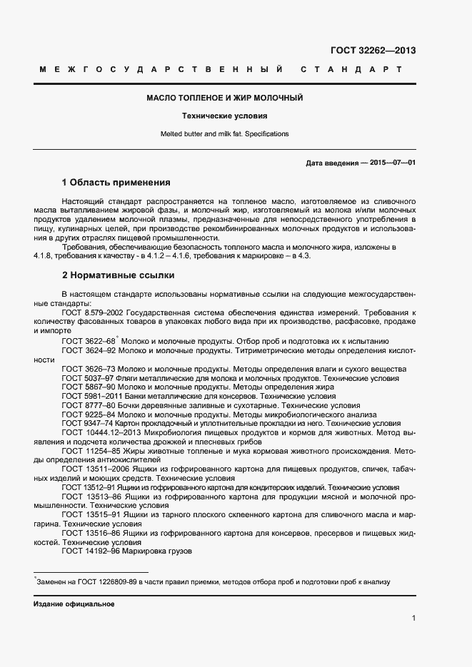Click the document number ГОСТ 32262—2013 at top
(x=373, y=51)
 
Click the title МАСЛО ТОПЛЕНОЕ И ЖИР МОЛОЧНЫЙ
(x=225, y=97)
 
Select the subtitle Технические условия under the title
(x=225, y=116)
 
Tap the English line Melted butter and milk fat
(x=225, y=133)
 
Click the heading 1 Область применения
(x=116, y=182)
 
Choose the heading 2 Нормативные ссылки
(x=118, y=275)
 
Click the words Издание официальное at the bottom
(x=74, y=604)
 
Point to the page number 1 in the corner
(x=413, y=618)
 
